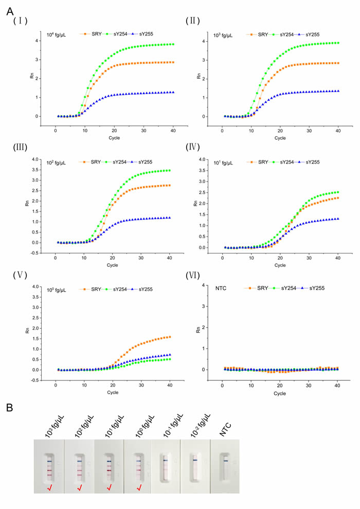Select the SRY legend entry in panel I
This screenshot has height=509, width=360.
[93, 34]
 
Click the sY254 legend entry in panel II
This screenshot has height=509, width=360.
[286, 34]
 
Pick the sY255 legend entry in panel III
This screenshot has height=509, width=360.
[137, 162]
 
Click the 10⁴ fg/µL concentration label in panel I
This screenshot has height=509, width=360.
[56, 34]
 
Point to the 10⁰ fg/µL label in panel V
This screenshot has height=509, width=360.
[56, 290]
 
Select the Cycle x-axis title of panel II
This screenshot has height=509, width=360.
[280, 137]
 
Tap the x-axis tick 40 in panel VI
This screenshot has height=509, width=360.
[337, 386]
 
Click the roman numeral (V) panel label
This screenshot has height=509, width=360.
[21, 276]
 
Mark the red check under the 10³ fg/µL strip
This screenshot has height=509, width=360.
[49, 486]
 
